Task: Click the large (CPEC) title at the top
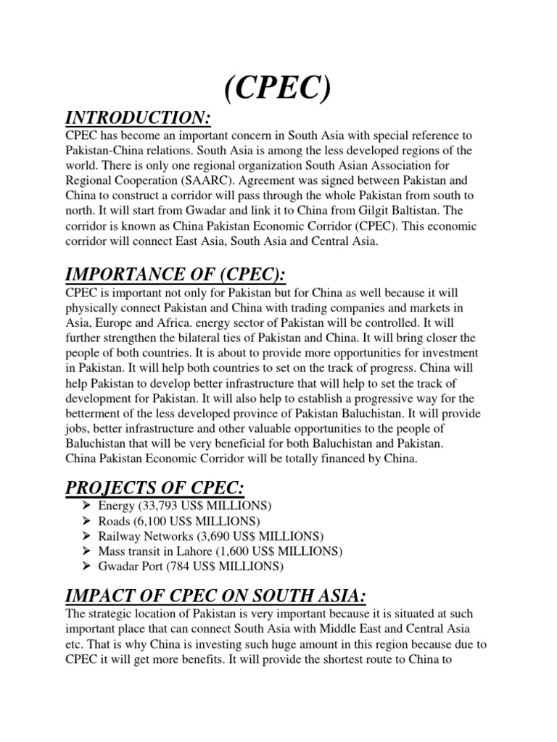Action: tap(279, 90)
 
